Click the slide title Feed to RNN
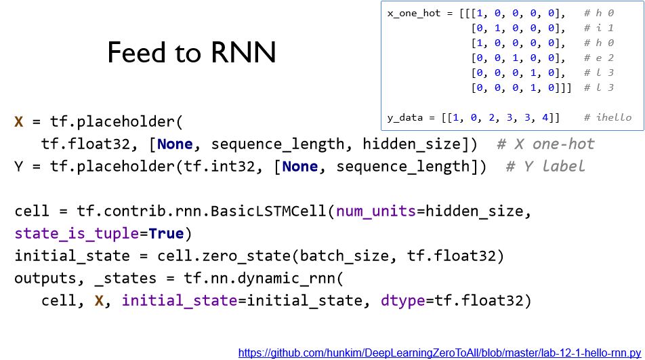point(192,53)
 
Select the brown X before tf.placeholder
point(19,122)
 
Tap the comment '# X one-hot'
point(545,144)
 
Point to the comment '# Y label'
point(545,166)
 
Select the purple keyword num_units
point(375,212)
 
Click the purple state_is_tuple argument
point(77,234)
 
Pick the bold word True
point(166,234)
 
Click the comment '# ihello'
point(608,118)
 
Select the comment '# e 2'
point(598,58)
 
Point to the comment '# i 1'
point(598,28)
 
